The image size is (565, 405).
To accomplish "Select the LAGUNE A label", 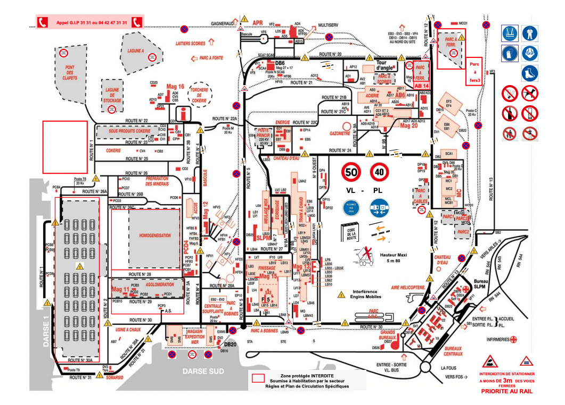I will coord(136,50).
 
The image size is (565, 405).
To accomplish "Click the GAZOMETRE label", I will coord(340,133).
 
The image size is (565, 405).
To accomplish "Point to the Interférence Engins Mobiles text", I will coord(365,294).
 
